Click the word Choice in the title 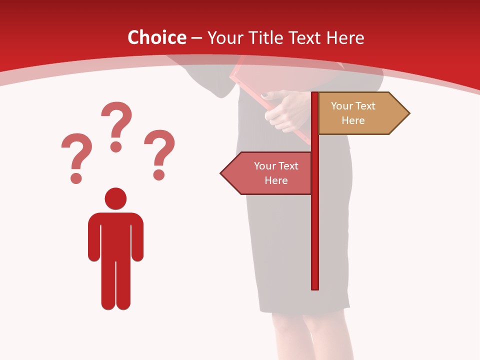click(156, 37)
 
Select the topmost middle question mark click(117, 125)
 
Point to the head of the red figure click(115, 198)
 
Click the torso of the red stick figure click(115, 235)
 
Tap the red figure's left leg click(108, 285)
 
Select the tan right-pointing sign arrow click(360, 113)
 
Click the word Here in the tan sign click(353, 120)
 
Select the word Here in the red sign click(276, 180)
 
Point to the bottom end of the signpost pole click(315, 287)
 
